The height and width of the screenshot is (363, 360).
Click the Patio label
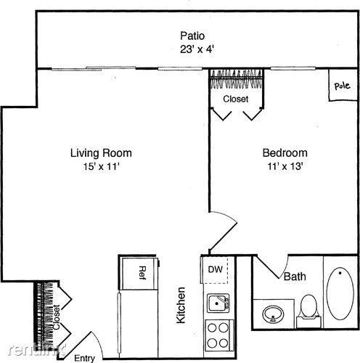click(x=192, y=36)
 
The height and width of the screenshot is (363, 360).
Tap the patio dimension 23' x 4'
click(x=197, y=49)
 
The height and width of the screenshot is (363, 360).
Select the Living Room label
click(x=101, y=153)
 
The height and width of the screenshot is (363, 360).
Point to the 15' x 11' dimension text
click(x=102, y=166)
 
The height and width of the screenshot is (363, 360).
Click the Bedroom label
click(x=285, y=153)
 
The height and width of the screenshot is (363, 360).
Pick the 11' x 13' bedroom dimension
click(x=285, y=166)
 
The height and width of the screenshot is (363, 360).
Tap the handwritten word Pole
click(x=342, y=86)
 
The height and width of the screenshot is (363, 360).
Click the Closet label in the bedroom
click(x=236, y=99)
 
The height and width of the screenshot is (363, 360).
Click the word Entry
click(x=84, y=358)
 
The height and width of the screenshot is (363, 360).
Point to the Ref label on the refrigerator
click(x=142, y=273)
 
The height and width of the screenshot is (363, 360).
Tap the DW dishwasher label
click(x=216, y=269)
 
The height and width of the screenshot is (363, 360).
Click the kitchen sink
click(x=218, y=303)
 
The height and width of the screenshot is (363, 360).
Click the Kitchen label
click(x=181, y=305)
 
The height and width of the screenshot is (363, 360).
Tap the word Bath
click(x=295, y=277)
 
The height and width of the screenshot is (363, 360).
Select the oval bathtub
click(x=340, y=293)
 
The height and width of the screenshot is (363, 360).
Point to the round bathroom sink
click(x=273, y=314)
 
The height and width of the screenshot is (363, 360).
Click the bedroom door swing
click(x=224, y=231)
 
